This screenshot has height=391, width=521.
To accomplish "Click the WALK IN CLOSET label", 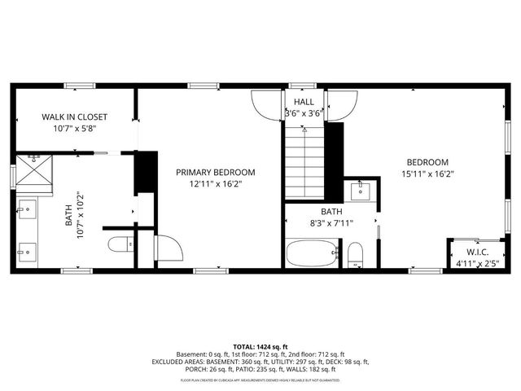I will (74, 116).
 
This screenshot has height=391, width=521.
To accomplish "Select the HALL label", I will (304, 102).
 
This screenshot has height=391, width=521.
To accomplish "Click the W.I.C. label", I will (476, 252).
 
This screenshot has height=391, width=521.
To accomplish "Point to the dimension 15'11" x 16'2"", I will (427, 173).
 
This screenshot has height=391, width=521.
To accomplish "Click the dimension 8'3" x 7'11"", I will (331, 222).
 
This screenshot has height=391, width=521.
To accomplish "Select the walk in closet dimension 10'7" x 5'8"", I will (74, 128).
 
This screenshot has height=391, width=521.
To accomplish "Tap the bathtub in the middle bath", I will (312, 253).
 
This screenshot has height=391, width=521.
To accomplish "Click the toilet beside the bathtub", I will (355, 254).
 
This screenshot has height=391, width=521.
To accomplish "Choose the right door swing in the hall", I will (342, 104).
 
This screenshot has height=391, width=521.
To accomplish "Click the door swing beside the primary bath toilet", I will (169, 248).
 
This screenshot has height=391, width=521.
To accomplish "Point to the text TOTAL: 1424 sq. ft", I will (260, 346).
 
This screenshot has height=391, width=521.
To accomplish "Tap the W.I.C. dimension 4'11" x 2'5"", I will (476, 262).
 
